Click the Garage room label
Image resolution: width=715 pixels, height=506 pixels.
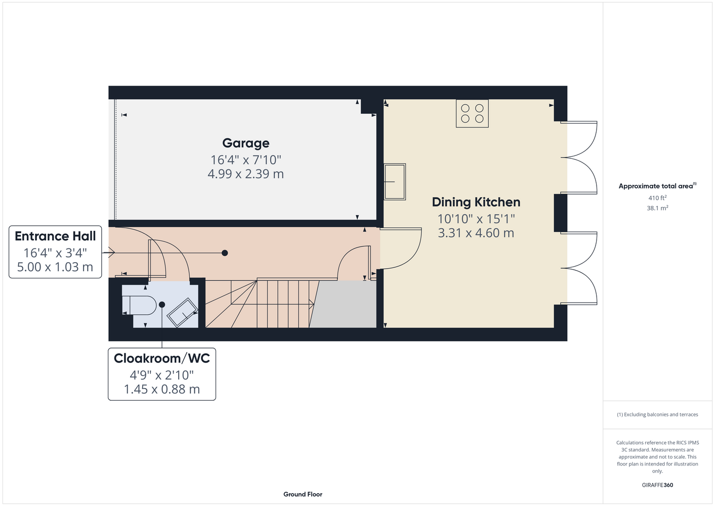point(246,143)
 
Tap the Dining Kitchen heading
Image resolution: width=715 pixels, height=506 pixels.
point(476,202)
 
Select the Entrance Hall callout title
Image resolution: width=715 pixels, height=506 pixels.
point(55,236)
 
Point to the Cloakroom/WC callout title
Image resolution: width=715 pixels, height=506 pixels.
point(162,359)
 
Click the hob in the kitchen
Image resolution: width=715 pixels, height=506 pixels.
point(472,114)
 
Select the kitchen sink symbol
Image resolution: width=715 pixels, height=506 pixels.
point(395,182)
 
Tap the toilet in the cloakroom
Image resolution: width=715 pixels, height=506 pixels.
point(139,305)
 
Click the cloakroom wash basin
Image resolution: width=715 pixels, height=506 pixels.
point(183,312)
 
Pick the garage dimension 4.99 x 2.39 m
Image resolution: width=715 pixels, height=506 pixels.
point(246,174)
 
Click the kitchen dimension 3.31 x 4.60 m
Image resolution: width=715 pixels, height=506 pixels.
point(476,233)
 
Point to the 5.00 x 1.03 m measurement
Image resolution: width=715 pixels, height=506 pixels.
point(55,267)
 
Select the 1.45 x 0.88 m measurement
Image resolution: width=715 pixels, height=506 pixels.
point(162,389)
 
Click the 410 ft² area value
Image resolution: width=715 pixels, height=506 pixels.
point(657,198)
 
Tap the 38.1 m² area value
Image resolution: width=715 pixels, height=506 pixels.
point(657,208)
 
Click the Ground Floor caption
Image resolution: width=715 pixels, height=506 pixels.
point(303,494)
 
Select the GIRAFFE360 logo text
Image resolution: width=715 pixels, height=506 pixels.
point(657,485)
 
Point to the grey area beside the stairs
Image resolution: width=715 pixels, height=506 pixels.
point(344,304)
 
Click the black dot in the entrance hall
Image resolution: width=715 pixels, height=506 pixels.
point(225,253)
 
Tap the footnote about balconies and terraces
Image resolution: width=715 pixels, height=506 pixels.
point(657,415)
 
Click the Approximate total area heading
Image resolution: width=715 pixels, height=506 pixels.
point(657,186)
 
